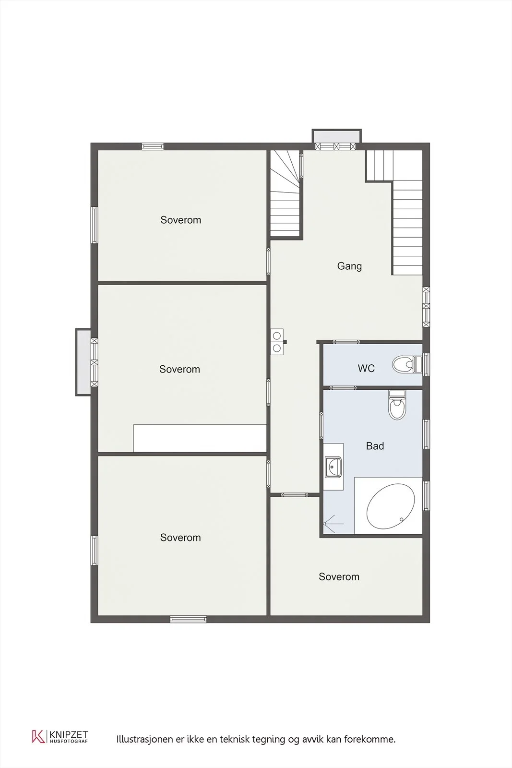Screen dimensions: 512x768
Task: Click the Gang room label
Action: pos(349,266)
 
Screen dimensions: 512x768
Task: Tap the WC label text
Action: pos(366,369)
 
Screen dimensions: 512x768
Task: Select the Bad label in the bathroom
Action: pos(375,446)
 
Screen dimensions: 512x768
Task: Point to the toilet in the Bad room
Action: pos(397,405)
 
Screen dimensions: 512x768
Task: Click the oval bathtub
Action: pos(391,506)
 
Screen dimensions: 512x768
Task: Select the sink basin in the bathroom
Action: pos(333,467)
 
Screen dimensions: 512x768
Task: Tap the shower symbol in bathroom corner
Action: pos(333,524)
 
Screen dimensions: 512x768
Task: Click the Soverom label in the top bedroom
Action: pos(180,220)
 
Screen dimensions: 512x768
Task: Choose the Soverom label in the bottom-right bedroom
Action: pos(339,576)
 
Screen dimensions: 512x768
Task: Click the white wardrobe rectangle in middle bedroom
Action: pos(200,438)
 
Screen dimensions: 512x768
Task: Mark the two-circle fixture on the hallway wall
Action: pos(277,342)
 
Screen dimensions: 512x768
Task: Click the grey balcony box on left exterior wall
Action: pos(83,362)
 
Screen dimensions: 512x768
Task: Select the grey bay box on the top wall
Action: pos(336,136)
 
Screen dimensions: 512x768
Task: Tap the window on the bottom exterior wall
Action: pos(189,619)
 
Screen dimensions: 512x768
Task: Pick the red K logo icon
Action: pos(38,736)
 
